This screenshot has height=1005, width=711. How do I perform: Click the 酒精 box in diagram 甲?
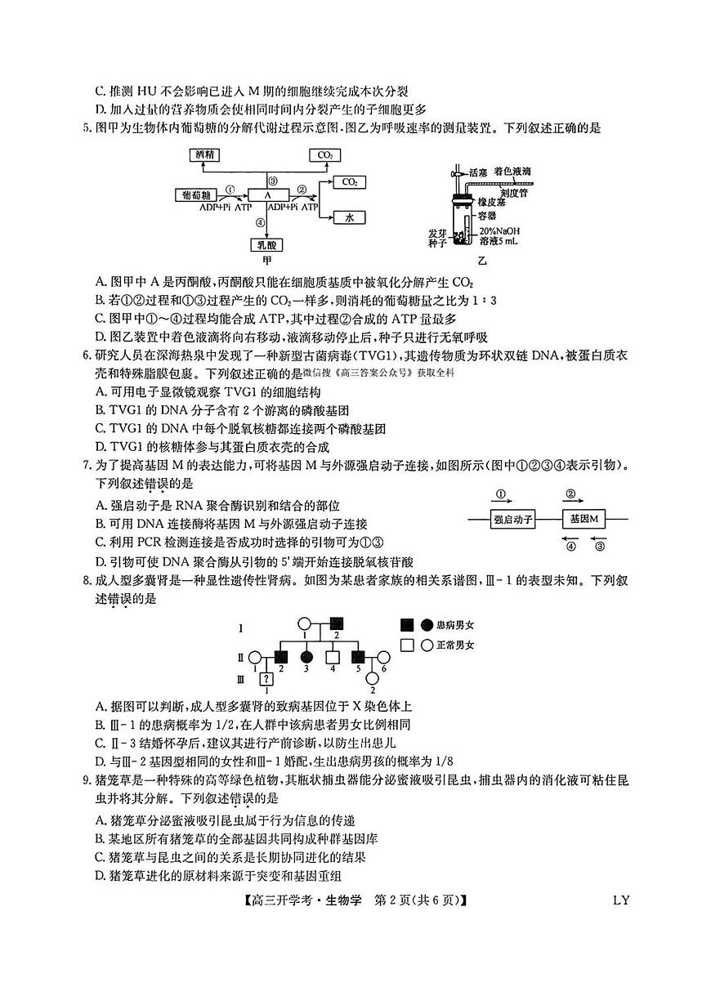pos(204,154)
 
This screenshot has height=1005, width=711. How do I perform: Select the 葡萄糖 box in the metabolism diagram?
pos(197,194)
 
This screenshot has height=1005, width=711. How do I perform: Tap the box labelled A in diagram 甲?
pos(266,194)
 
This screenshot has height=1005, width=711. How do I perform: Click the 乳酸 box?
pos(266,244)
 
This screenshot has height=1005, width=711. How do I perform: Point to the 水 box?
pos(349,217)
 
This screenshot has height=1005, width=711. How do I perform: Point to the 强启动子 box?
pos(513,520)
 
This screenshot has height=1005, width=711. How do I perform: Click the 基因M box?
pos(584,520)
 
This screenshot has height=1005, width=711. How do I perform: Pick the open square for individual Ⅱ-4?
pos(332,656)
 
